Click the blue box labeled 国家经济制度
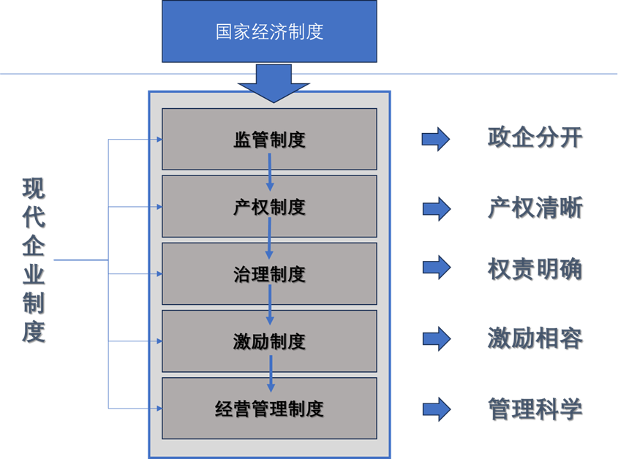pos(269,32)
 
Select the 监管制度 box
pos(269,139)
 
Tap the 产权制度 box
pos(269,206)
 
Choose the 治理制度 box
pos(269,273)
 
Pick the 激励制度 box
pos(269,341)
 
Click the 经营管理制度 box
pos(269,408)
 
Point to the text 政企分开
pos(535,137)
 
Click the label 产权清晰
pos(535,208)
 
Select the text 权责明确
pos(535,269)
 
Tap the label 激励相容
pos(535,338)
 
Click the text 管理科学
pos(535,408)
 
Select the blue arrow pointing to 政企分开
pos(436,138)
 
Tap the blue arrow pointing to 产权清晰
pos(436,209)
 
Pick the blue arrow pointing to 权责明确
pos(436,268)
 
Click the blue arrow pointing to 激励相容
pos(436,338)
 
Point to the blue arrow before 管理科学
pos(436,409)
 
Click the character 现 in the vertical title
pos(34,189)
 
